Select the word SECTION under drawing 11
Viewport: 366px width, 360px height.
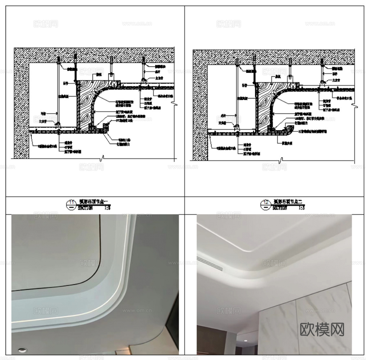pyautogui.click(x=85, y=208)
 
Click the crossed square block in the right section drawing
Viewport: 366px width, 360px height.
pyautogui.click(x=289, y=77)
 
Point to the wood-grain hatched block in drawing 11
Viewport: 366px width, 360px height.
pyautogui.click(x=86, y=104)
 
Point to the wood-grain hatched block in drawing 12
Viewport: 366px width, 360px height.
pyautogui.click(x=265, y=104)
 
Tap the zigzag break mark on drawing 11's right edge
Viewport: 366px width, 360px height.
pyautogui.click(x=175, y=104)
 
